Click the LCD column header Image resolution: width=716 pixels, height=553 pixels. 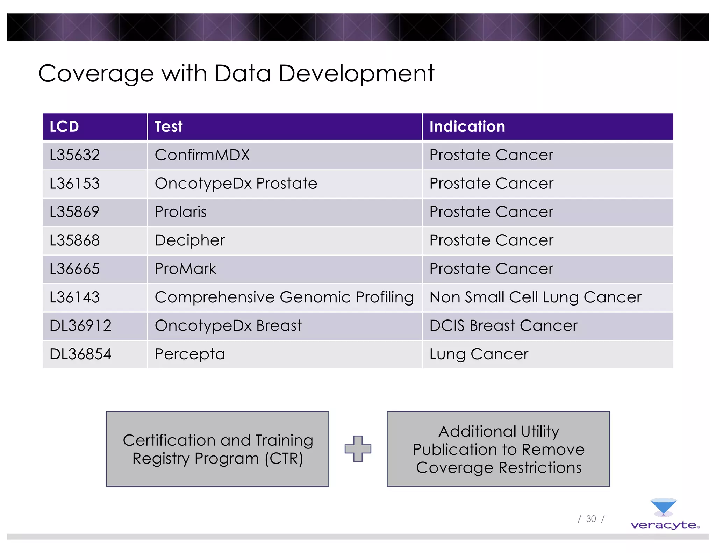pyautogui.click(x=64, y=127)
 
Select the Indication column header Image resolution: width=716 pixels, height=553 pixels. pyautogui.click(x=467, y=127)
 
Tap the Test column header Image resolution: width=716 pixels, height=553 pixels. pyautogui.click(x=169, y=127)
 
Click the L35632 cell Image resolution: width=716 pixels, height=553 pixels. pyautogui.click(x=75, y=155)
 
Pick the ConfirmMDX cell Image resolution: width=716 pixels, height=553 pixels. pyautogui.click(x=202, y=155)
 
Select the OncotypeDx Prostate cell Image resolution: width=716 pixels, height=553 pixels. pyautogui.click(x=236, y=184)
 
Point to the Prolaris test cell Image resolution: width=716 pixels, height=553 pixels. pyautogui.click(x=180, y=212)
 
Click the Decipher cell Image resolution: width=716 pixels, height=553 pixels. pyautogui.click(x=189, y=240)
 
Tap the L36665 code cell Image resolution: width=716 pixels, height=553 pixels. pyautogui.click(x=75, y=269)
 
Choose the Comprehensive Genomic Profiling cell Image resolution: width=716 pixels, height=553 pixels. pyautogui.click(x=284, y=297)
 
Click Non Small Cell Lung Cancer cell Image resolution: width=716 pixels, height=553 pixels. pyautogui.click(x=535, y=297)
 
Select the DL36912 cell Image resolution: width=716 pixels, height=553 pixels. pyautogui.click(x=80, y=326)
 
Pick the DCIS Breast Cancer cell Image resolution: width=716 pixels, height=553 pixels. pyautogui.click(x=503, y=326)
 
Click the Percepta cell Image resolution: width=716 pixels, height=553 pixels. pyautogui.click(x=190, y=354)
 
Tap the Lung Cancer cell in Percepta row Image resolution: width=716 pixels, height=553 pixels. pyautogui.click(x=479, y=354)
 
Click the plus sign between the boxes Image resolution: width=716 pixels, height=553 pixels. pyautogui.click(x=358, y=449)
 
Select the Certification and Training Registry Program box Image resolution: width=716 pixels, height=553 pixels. pyautogui.click(x=217, y=449)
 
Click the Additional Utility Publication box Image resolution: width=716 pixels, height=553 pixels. pyautogui.click(x=498, y=449)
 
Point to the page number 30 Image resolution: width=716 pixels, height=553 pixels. pyautogui.click(x=591, y=519)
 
